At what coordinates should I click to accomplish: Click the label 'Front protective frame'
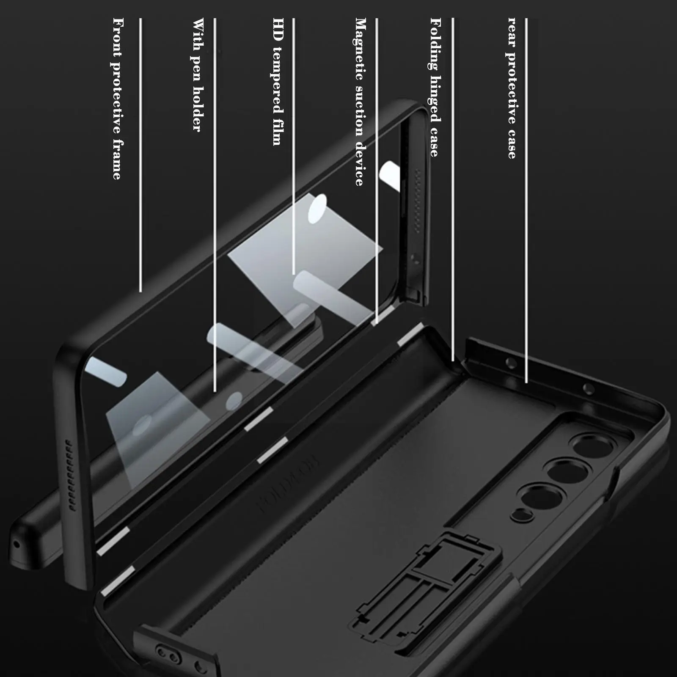click(117, 99)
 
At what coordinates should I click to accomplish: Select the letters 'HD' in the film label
click(278, 30)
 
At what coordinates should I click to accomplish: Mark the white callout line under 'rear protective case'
click(526, 199)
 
